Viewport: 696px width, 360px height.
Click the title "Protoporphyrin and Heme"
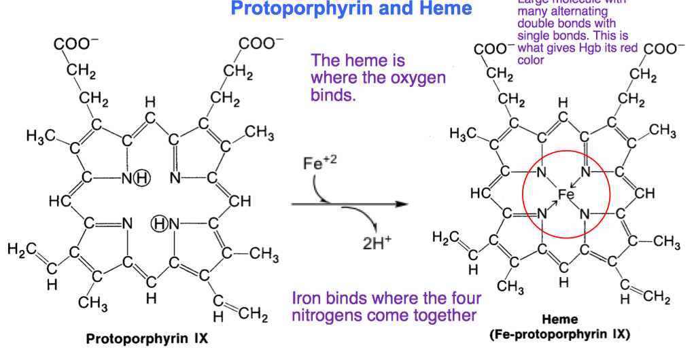(351, 9)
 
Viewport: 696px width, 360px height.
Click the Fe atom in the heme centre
(566, 195)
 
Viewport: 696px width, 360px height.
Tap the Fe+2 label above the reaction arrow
(317, 164)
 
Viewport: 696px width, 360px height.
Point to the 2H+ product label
(377, 242)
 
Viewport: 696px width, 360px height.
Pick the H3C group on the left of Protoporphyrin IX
(41, 137)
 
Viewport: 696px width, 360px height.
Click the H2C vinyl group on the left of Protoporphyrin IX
(20, 250)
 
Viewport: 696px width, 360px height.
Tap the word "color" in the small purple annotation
(531, 60)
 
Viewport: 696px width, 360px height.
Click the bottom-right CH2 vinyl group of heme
(656, 298)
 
